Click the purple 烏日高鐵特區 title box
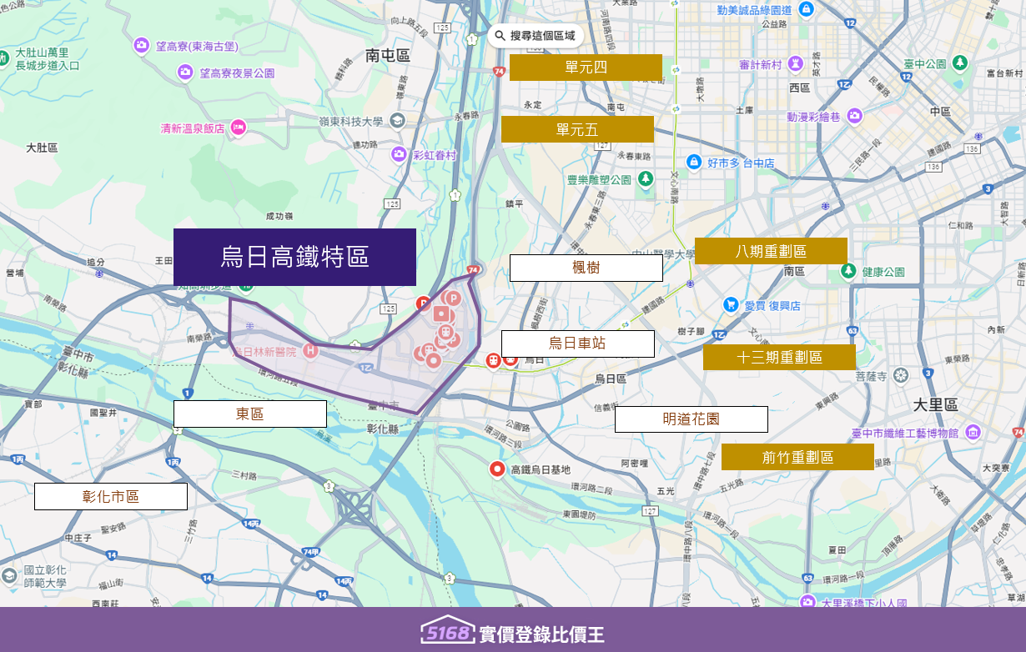pos(294,257)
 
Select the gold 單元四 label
pos(586,68)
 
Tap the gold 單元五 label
pos(577,129)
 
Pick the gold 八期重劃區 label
pos(771,251)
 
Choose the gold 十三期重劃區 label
pos(779,358)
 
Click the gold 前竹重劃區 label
pos(797,457)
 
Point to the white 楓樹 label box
pos(586,268)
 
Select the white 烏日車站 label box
pos(577,344)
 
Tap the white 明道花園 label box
pos(691,419)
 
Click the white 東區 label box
pos(249,414)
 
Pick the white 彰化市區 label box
pos(110,497)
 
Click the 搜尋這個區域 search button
pos(534,36)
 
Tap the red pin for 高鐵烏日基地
pos(498,469)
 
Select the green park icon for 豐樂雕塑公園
pos(646,178)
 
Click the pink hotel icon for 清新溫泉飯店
pos(238,128)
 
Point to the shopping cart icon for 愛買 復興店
pos(731,305)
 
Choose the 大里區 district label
pos(935,404)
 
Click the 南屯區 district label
pos(388,56)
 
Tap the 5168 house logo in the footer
pos(446,632)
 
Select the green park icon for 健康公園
pos(848,271)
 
